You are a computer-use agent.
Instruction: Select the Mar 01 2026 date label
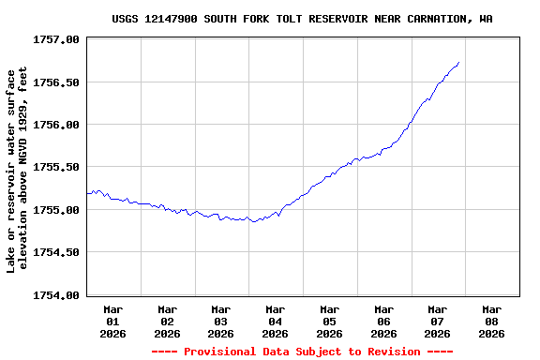113,321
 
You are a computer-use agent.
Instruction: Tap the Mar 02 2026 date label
168,321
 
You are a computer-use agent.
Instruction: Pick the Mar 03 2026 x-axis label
221,321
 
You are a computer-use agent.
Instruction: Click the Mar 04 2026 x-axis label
276,321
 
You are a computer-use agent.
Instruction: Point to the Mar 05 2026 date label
329,321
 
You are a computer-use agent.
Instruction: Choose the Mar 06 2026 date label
383,321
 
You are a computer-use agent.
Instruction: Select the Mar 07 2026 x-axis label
438,321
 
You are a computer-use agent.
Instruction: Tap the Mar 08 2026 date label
491,321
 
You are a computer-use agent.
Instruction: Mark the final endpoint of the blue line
458,63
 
